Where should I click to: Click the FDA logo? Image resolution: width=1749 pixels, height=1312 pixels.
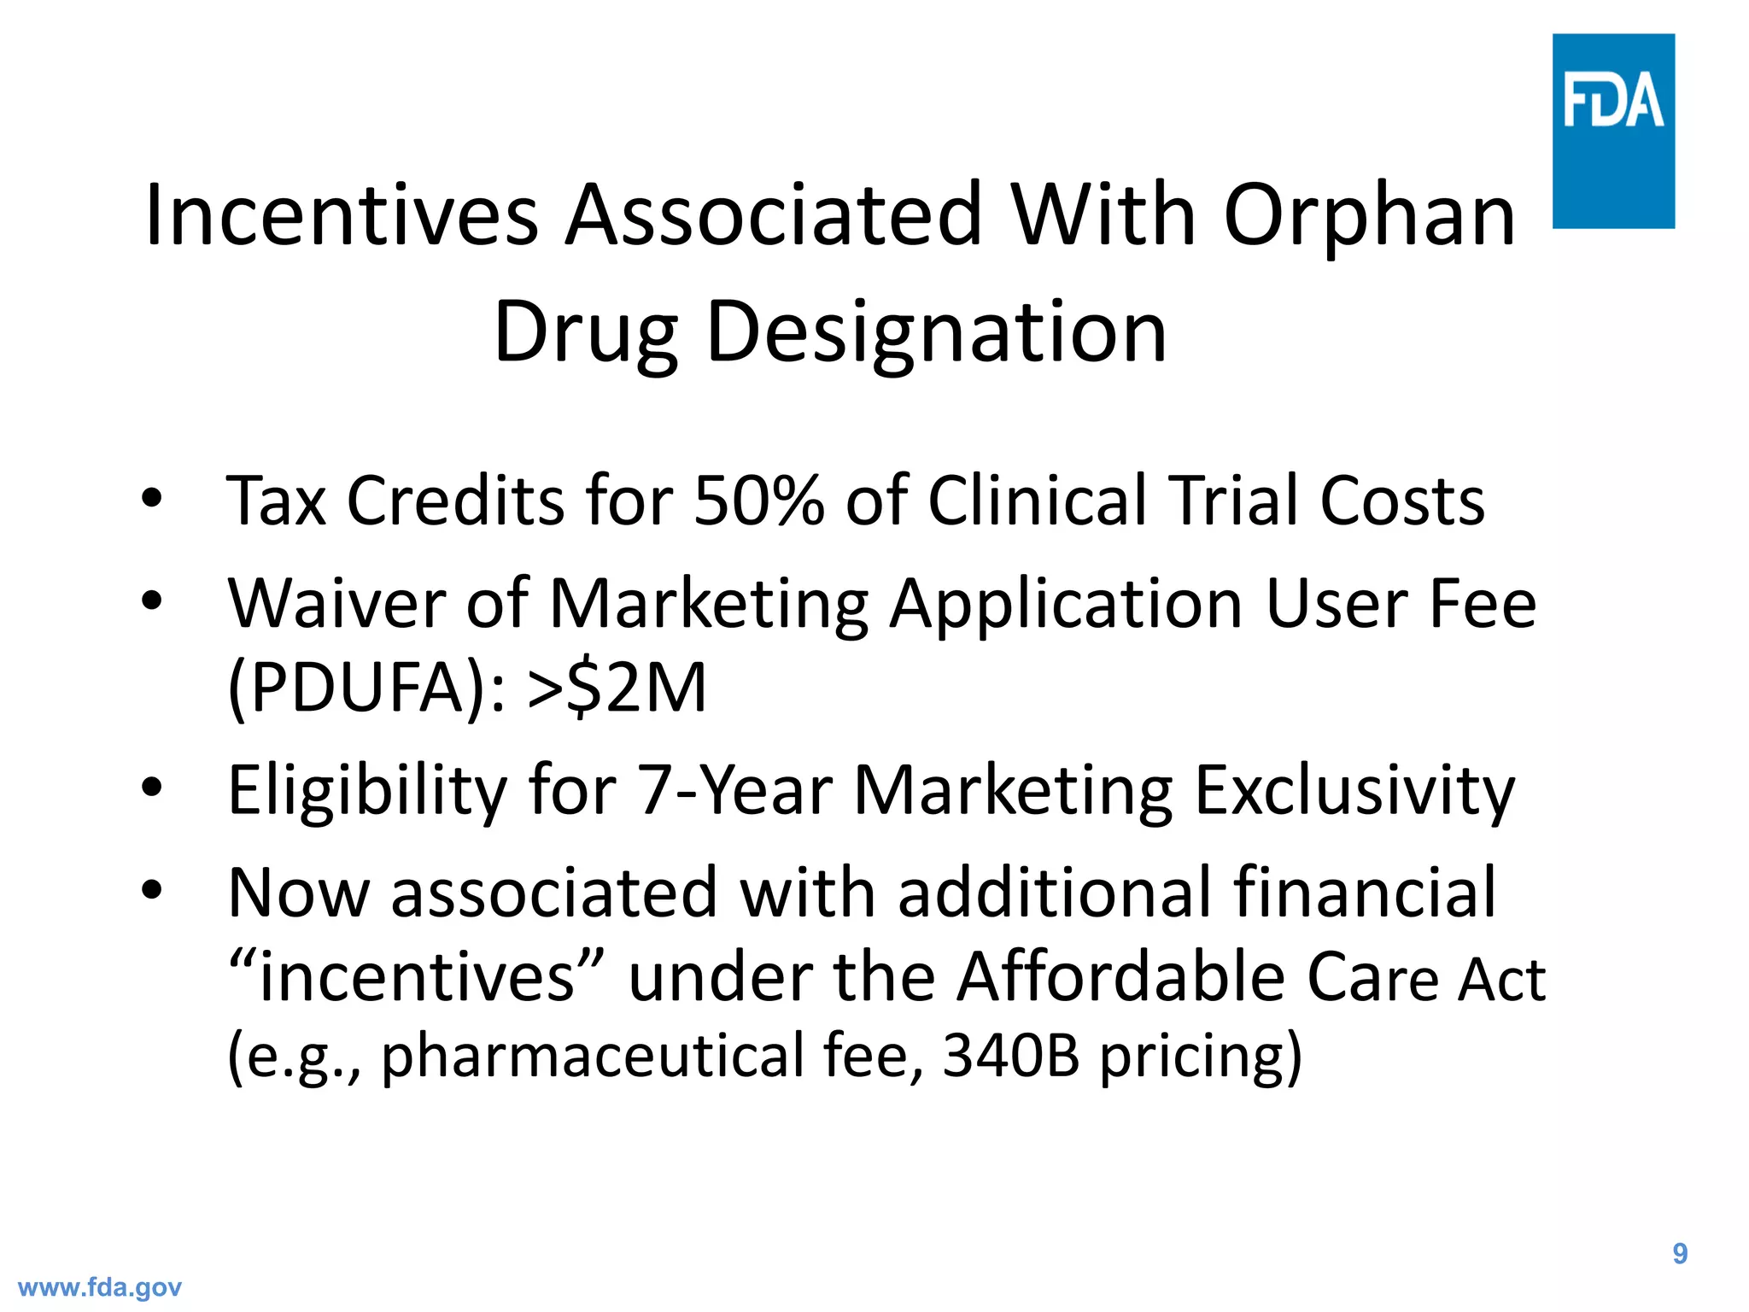point(1612,131)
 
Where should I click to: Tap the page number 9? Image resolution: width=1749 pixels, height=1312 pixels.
point(1680,1253)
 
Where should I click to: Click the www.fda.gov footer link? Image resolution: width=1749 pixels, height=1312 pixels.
point(100,1287)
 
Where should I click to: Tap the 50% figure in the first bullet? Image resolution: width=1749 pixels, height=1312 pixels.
point(759,501)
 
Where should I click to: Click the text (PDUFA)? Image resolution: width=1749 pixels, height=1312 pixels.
point(367,688)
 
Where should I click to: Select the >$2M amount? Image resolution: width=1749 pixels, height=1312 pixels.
point(617,688)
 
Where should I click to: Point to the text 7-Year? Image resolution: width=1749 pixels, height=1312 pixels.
point(735,790)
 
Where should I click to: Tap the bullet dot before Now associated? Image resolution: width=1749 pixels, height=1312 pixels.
point(152,890)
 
